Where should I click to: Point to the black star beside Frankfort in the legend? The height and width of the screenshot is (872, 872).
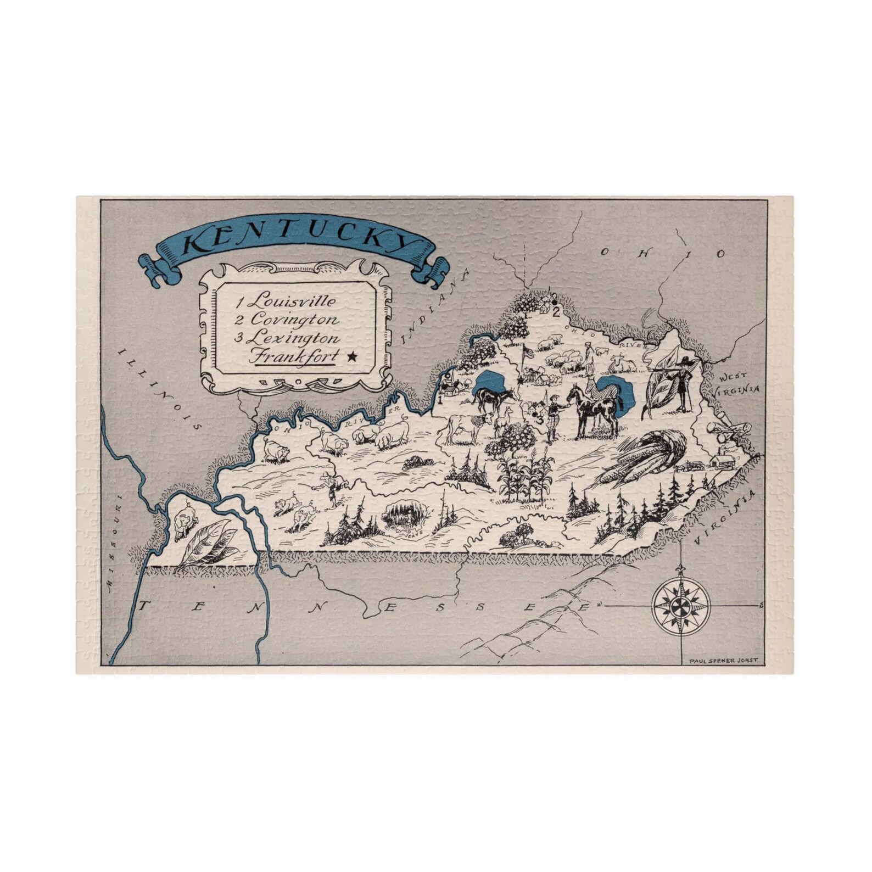click(351, 357)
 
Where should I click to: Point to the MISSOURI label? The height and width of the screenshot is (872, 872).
click(114, 549)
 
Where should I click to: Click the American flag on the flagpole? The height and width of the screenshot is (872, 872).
click(528, 353)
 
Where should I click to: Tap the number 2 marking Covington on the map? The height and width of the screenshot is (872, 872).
click(556, 312)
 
